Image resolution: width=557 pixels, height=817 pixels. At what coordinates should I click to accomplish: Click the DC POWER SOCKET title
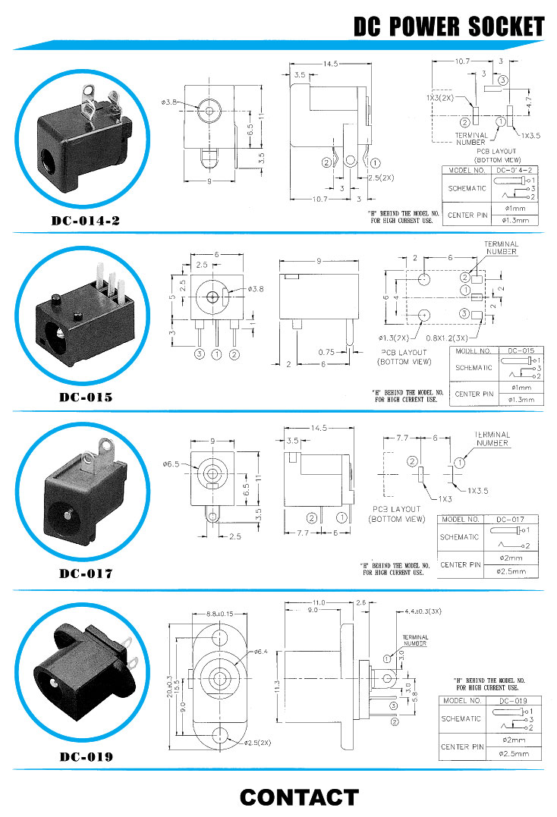click(448, 27)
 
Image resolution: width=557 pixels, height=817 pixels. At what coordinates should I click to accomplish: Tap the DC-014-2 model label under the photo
click(86, 222)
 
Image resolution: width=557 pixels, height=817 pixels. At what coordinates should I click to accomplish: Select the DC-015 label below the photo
click(86, 397)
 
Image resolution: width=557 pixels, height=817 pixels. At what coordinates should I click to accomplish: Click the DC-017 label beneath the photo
click(86, 573)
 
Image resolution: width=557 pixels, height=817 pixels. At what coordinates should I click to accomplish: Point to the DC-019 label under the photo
click(86, 756)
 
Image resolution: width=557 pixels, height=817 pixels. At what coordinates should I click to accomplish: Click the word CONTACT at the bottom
click(298, 797)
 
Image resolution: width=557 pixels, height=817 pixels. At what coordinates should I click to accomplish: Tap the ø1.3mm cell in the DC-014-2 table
click(515, 221)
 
